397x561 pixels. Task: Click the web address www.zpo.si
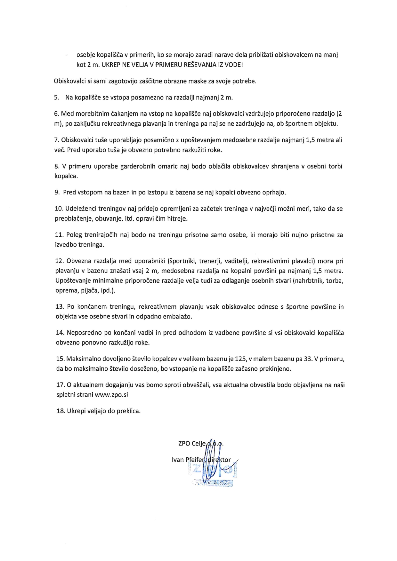111,395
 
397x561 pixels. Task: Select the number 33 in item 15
308,359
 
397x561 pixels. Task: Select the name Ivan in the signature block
178,460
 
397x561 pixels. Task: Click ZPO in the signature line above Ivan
184,444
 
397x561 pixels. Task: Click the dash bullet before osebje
66,55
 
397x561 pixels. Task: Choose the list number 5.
56,98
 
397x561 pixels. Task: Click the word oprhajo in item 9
275,193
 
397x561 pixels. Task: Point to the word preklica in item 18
129,411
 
